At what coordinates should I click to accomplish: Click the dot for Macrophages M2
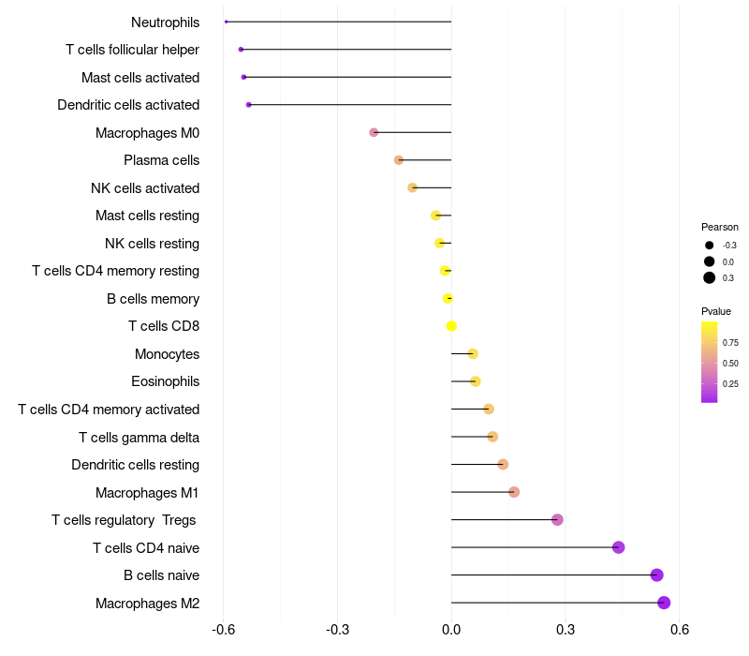click(x=664, y=603)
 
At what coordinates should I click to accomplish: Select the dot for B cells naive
click(x=656, y=575)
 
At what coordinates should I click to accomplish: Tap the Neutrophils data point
click(x=227, y=22)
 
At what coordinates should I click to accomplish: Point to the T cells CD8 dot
click(x=451, y=326)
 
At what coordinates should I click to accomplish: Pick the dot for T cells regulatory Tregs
click(x=557, y=520)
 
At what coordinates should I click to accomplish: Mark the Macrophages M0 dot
click(x=374, y=132)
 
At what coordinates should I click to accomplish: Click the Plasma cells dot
click(x=399, y=160)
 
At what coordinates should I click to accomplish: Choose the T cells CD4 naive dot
click(x=618, y=547)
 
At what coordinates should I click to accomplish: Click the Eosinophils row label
click(x=165, y=381)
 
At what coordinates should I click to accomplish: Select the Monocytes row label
click(x=167, y=354)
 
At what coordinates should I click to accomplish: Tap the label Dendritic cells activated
click(x=128, y=105)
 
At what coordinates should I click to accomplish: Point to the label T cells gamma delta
click(x=139, y=437)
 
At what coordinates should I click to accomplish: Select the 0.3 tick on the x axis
click(x=565, y=630)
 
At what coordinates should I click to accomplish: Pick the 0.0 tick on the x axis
click(x=451, y=630)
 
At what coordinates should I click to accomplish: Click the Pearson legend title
click(x=720, y=227)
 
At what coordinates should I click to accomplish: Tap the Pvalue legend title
click(x=716, y=311)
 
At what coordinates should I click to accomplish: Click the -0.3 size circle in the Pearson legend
click(x=710, y=246)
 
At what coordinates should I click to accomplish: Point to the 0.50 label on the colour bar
click(x=730, y=364)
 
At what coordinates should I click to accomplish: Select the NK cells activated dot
click(x=412, y=187)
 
